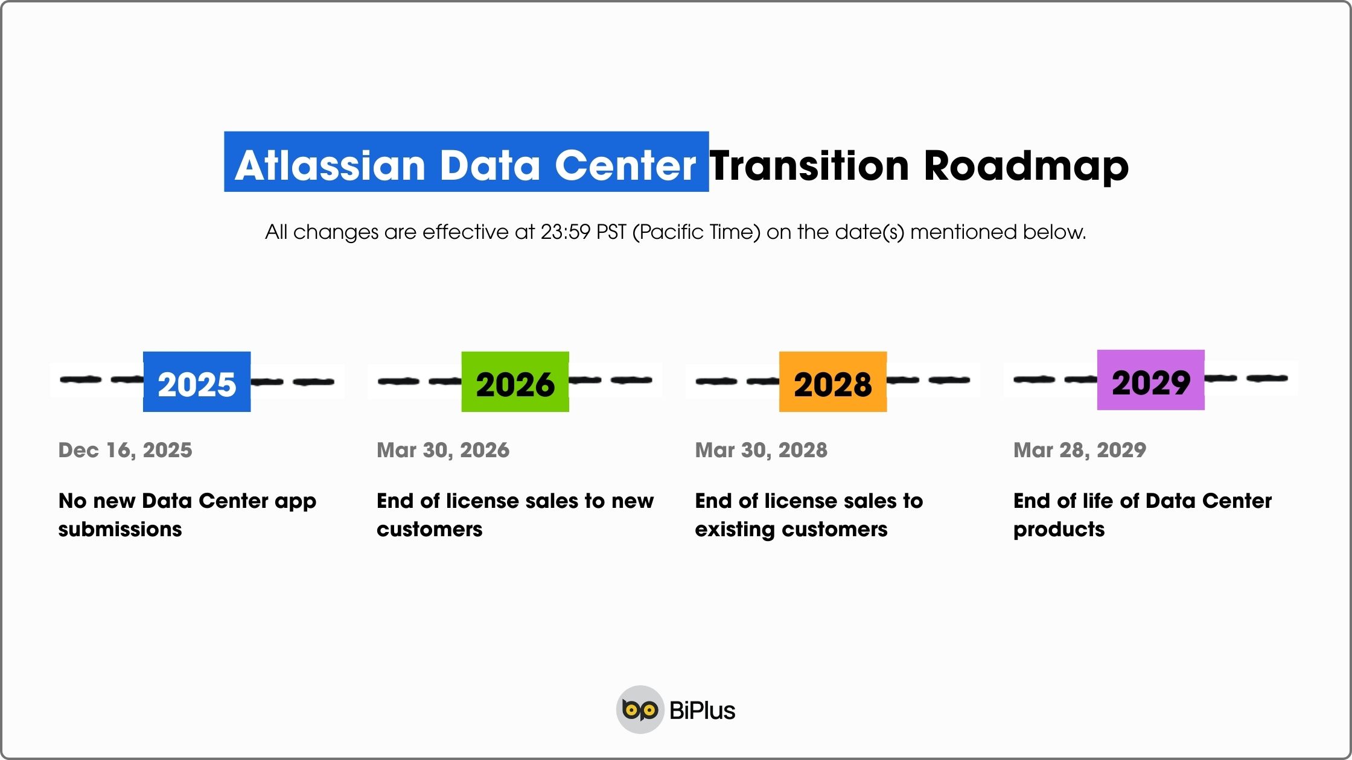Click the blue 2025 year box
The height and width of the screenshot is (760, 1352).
[x=197, y=382]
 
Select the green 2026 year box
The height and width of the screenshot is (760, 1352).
[x=515, y=382]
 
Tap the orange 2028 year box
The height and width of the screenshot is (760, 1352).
[x=833, y=382]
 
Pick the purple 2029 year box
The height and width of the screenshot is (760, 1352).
[x=1150, y=380]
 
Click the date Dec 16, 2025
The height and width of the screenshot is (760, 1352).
[x=125, y=450]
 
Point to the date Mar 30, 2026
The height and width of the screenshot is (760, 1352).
[x=443, y=450]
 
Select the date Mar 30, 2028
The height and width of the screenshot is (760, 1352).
[x=761, y=450]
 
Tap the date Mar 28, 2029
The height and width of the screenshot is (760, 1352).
[x=1079, y=450]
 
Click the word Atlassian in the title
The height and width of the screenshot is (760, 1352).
[x=331, y=165]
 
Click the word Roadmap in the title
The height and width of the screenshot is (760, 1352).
[x=1026, y=165]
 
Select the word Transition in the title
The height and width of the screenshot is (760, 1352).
[x=809, y=165]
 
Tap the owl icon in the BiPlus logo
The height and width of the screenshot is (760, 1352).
[x=640, y=710]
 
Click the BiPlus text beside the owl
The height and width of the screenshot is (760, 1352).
[x=702, y=711]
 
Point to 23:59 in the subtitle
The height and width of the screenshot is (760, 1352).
[x=565, y=232]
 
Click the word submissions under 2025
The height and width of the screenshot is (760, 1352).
[x=120, y=529]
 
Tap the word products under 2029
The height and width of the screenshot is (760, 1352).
[x=1059, y=530]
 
